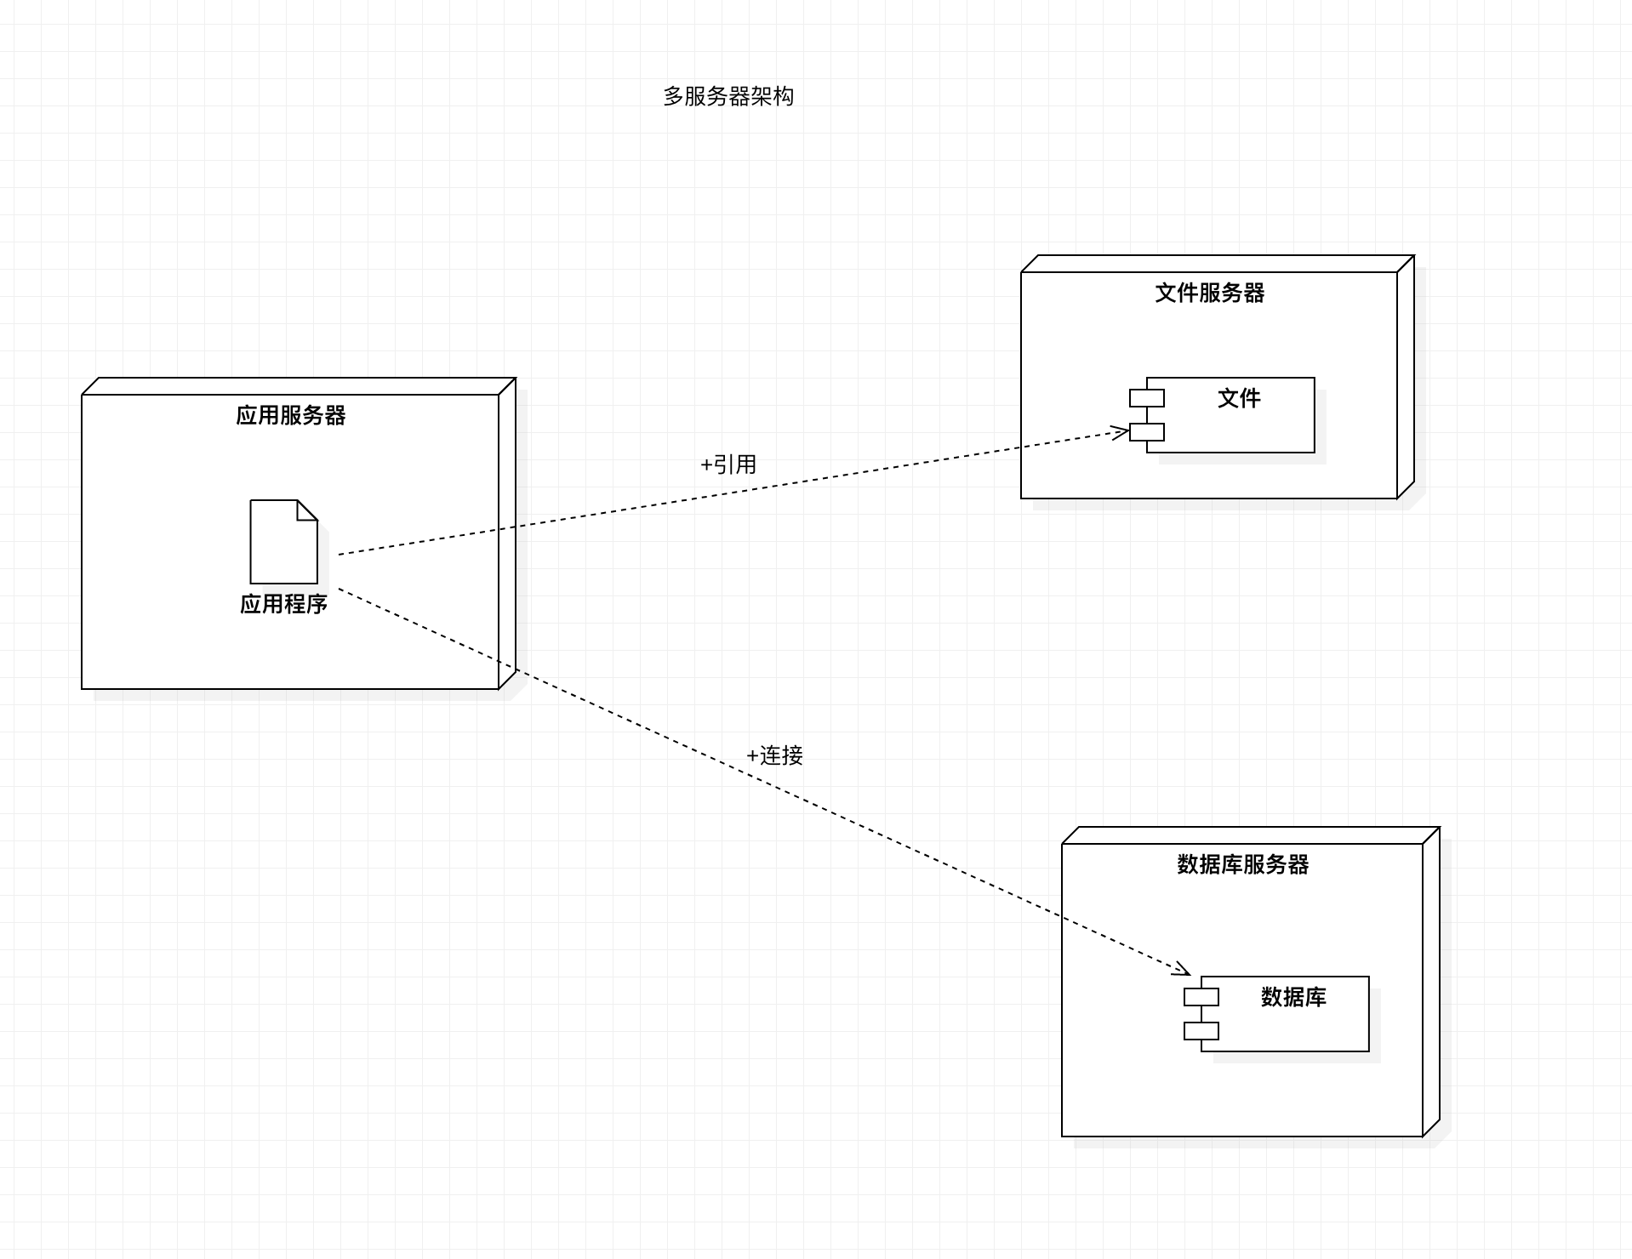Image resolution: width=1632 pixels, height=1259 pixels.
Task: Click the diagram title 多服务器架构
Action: (x=728, y=97)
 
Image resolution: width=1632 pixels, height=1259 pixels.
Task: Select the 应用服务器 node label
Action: (x=291, y=415)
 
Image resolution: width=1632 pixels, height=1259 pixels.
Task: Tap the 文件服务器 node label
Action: (x=1209, y=293)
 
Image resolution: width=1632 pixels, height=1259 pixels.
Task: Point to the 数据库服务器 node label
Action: (x=1242, y=864)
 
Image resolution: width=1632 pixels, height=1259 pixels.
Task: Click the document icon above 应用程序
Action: (x=283, y=543)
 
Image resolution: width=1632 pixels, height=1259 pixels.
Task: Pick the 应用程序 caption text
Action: (x=283, y=604)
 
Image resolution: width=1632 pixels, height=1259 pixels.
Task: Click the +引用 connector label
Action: (x=728, y=464)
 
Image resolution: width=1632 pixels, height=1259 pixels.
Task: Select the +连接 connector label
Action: (x=774, y=755)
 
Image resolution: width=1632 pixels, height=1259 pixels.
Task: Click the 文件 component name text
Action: (x=1239, y=398)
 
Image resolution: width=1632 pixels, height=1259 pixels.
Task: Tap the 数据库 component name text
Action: (x=1293, y=997)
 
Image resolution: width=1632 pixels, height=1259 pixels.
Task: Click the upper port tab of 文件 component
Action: (x=1147, y=398)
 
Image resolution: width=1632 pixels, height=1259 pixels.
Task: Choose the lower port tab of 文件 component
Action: (x=1147, y=432)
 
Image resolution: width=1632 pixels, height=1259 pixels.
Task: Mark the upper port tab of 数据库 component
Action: (x=1201, y=997)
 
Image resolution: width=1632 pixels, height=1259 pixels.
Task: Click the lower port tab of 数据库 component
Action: (x=1201, y=1031)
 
